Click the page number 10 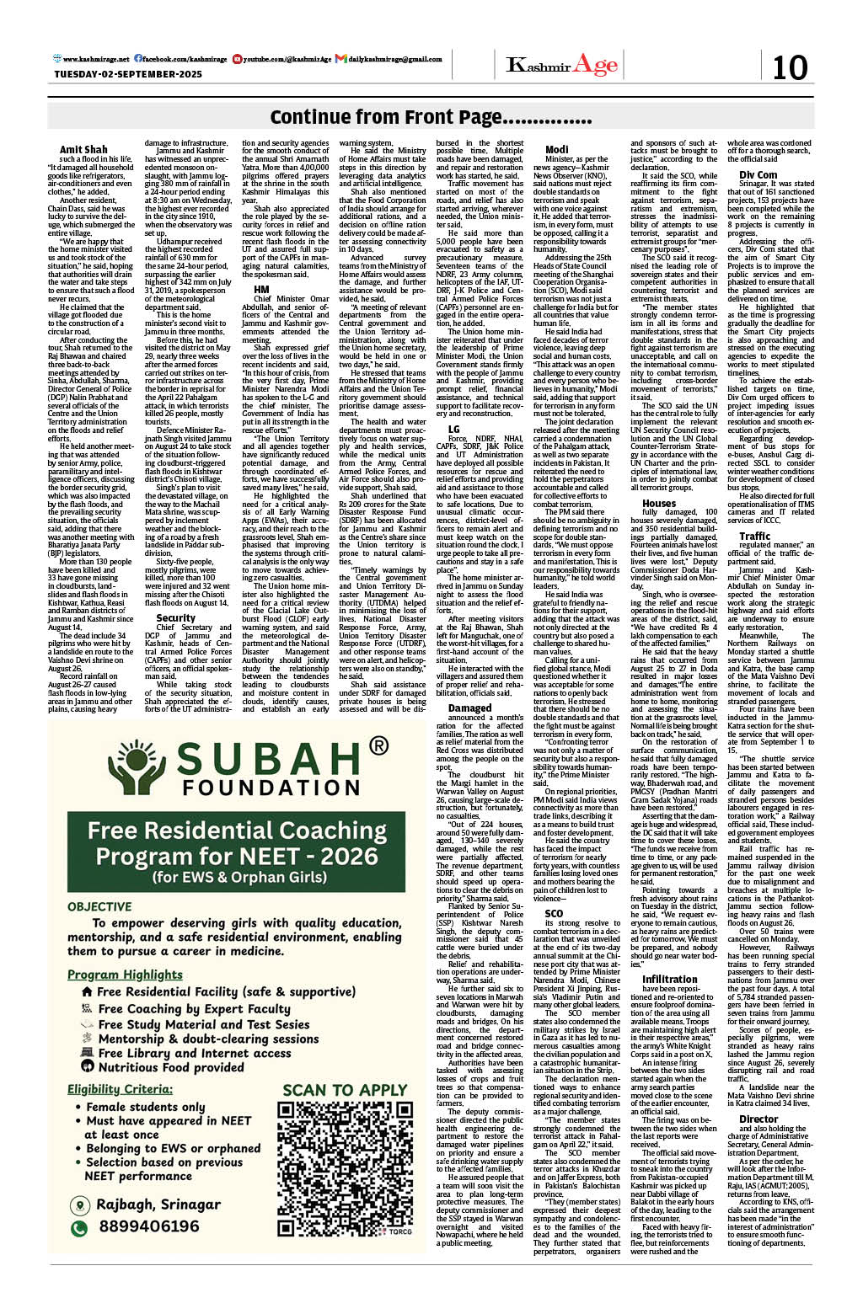point(790,67)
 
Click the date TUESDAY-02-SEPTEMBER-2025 point(128,74)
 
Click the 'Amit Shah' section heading point(83,150)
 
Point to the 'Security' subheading point(175,617)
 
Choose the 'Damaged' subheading point(469,708)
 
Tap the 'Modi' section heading point(557,150)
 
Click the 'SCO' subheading point(554,913)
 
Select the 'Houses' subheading point(658,503)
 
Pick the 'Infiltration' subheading point(669,979)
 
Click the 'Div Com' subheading point(758,174)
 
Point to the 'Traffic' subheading point(754,536)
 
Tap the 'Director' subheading point(758,1119)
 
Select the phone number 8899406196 point(147,1226)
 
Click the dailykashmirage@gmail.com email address point(394,59)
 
